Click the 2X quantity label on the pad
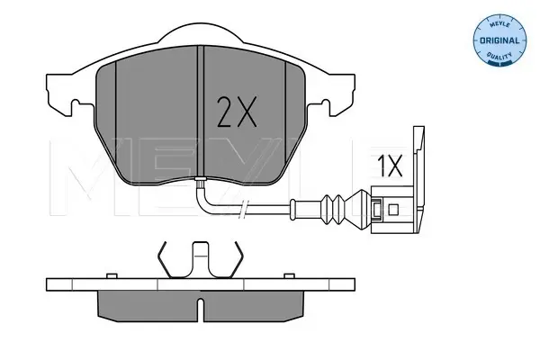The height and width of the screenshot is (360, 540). point(237,112)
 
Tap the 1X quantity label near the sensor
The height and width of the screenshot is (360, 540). point(390,166)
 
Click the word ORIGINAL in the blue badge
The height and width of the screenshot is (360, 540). point(499,40)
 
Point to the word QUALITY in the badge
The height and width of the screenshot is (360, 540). point(499,55)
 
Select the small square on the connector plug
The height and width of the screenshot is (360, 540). point(393,210)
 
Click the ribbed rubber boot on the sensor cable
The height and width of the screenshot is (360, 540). point(333,209)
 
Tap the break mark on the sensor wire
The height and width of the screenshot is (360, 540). point(243,209)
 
